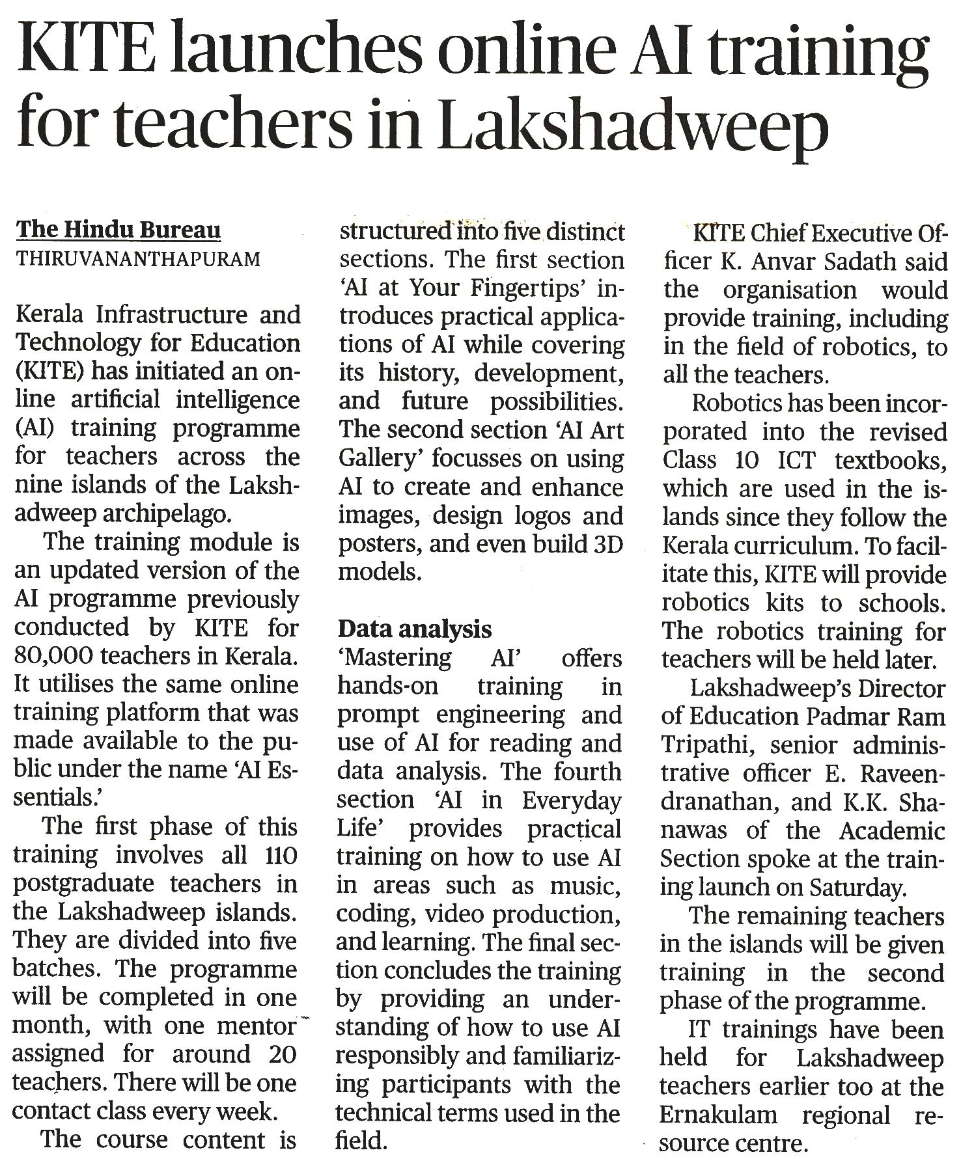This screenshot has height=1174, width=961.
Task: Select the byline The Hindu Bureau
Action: point(118,230)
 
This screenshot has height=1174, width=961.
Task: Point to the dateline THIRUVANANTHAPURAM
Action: point(138,260)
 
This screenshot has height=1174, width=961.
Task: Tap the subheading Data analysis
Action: point(414,629)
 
